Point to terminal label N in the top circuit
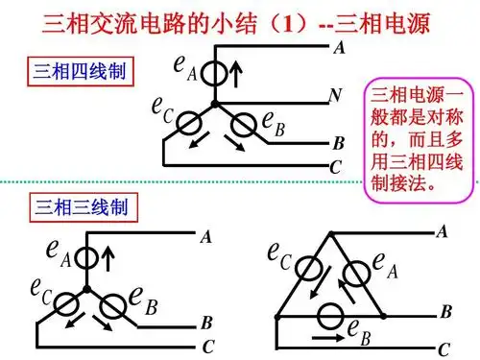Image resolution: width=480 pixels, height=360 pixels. tap(336, 97)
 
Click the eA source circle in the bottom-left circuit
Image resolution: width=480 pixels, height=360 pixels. tap(87, 258)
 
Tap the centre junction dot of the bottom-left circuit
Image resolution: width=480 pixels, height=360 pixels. tap(88, 287)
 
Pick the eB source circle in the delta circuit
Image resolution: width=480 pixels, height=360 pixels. tap(331, 314)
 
